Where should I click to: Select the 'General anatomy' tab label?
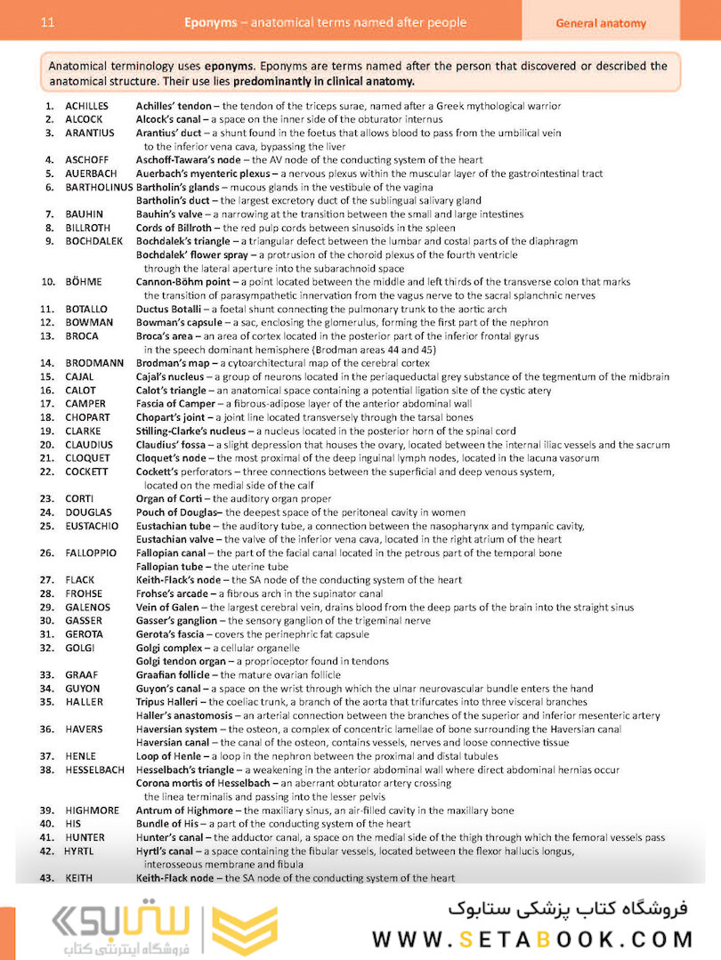[x=601, y=23]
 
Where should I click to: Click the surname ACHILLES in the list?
[x=86, y=106]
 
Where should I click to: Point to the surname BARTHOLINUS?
[x=99, y=187]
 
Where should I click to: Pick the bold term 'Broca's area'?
[x=165, y=336]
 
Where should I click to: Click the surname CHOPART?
[x=87, y=417]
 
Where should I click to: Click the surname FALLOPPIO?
[x=91, y=553]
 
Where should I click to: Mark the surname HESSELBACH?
[x=94, y=770]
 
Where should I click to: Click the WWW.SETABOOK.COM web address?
[x=531, y=939]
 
